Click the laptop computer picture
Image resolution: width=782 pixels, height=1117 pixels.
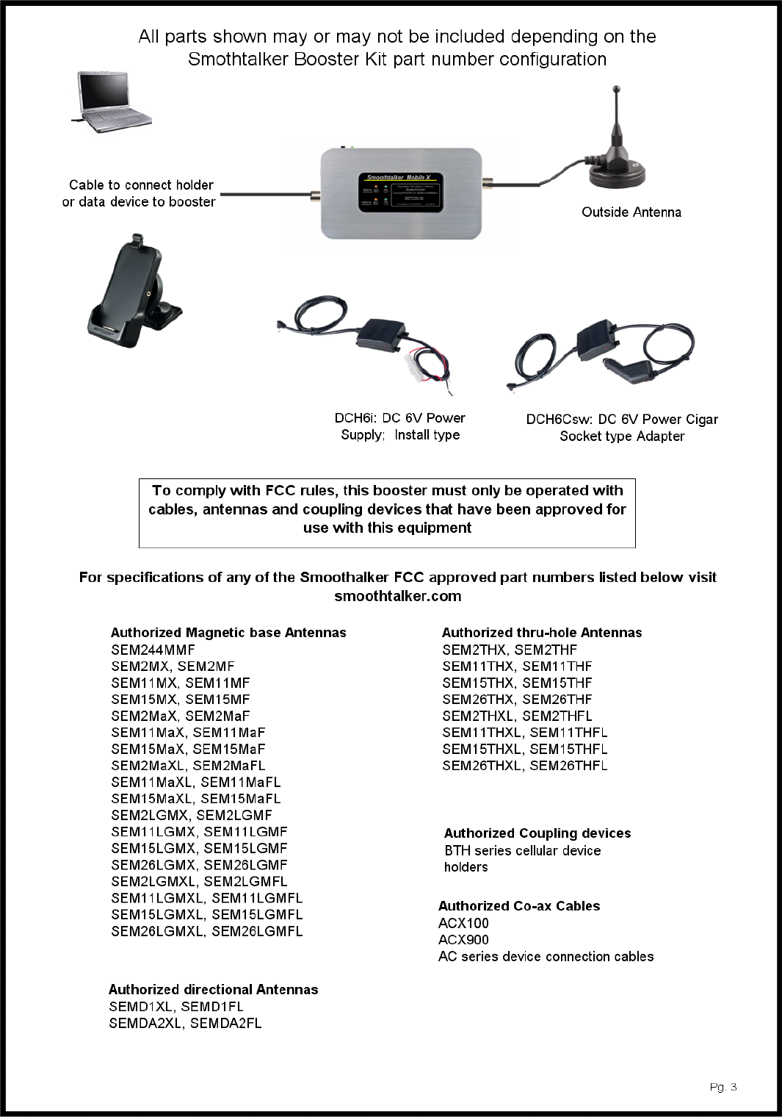tap(112, 101)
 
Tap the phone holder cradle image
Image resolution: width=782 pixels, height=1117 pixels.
tap(132, 294)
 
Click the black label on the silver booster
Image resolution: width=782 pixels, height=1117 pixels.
tap(400, 193)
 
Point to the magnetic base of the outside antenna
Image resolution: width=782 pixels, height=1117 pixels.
tap(618, 173)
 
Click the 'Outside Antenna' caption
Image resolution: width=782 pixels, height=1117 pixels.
tap(631, 212)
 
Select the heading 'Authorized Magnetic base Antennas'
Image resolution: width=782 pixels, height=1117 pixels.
tap(228, 633)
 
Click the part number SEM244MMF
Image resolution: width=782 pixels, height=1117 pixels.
tap(153, 650)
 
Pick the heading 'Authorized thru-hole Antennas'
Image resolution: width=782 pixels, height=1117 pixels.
tap(541, 633)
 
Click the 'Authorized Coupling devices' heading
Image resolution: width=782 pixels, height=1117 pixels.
tap(537, 833)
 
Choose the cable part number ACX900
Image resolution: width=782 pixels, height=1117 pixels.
tap(463, 940)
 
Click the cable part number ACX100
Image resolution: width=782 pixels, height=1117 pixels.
tap(463, 923)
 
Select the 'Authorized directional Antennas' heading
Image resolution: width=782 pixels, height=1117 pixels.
tap(213, 990)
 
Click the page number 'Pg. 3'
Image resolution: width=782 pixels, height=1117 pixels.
tap(723, 1087)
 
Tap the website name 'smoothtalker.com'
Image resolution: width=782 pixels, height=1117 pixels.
tap(397, 596)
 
